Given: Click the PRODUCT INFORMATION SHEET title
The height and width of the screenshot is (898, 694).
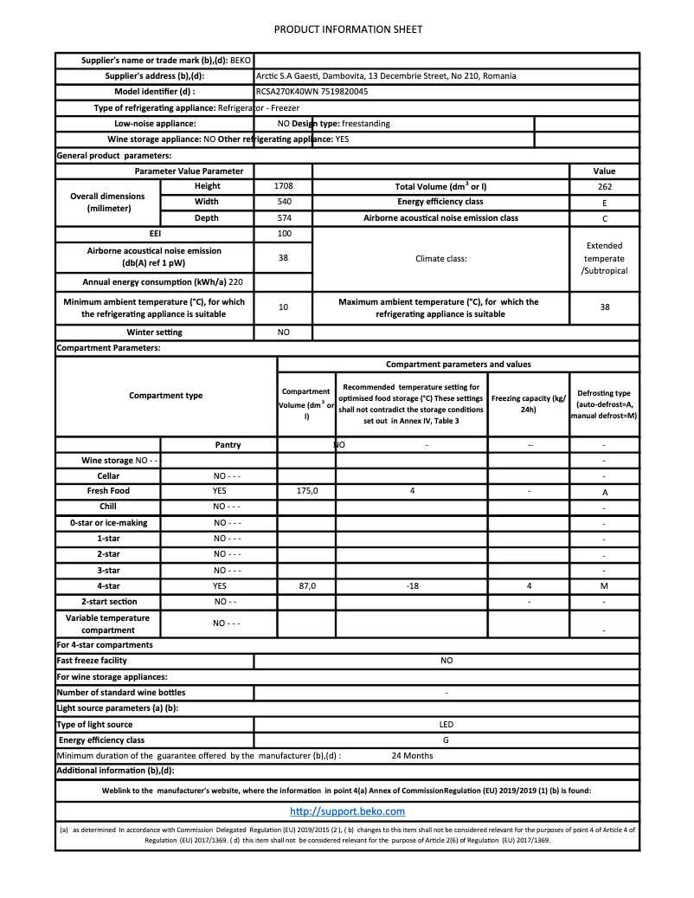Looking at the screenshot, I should (348, 29).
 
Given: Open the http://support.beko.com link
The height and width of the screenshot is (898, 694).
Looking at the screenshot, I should (347, 811).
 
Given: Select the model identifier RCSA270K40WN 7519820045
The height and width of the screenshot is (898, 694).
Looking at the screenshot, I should (312, 92).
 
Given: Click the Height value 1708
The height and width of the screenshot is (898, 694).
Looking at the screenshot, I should (283, 187).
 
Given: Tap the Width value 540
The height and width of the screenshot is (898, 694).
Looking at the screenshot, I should (283, 203).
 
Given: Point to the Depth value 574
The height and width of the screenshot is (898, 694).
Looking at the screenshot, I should (283, 218).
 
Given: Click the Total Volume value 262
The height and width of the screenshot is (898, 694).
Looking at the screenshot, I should (604, 187).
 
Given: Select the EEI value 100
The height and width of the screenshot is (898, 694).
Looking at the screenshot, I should (283, 234).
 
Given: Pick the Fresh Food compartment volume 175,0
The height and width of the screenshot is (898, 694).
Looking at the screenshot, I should (307, 491).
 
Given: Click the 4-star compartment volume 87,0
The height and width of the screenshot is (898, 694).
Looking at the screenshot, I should (307, 586).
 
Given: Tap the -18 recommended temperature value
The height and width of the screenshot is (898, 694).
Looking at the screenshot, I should (412, 586).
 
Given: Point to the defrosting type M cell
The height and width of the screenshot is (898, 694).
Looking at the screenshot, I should (604, 587).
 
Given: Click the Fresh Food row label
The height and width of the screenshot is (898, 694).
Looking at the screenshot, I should (108, 491).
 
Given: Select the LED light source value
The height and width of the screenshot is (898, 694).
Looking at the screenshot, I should (447, 725).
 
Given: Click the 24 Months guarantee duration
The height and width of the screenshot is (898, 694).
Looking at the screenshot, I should (412, 756).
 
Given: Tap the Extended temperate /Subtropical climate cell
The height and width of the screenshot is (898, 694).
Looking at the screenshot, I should (604, 258).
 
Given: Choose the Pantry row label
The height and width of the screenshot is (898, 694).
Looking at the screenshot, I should (228, 445).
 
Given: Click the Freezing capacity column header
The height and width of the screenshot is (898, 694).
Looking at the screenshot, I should (528, 404).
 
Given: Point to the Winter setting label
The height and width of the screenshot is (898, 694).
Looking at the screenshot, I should (154, 333).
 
